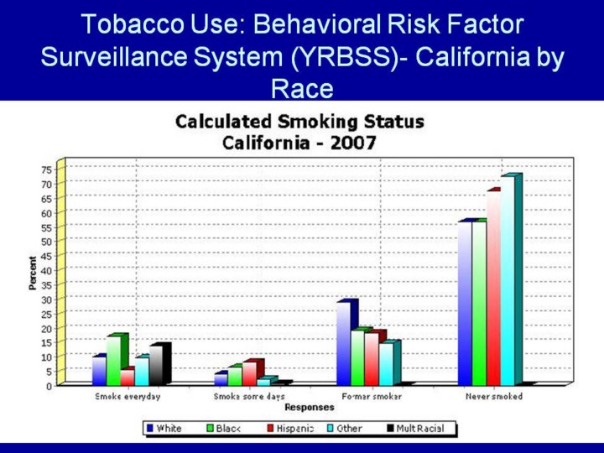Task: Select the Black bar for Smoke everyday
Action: click(113, 361)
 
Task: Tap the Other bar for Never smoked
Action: click(507, 281)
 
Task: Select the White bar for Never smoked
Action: click(465, 302)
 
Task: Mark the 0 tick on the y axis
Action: click(49, 386)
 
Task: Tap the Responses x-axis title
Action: click(309, 408)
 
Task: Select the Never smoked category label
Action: click(495, 396)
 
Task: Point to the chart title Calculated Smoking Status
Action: click(299, 122)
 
